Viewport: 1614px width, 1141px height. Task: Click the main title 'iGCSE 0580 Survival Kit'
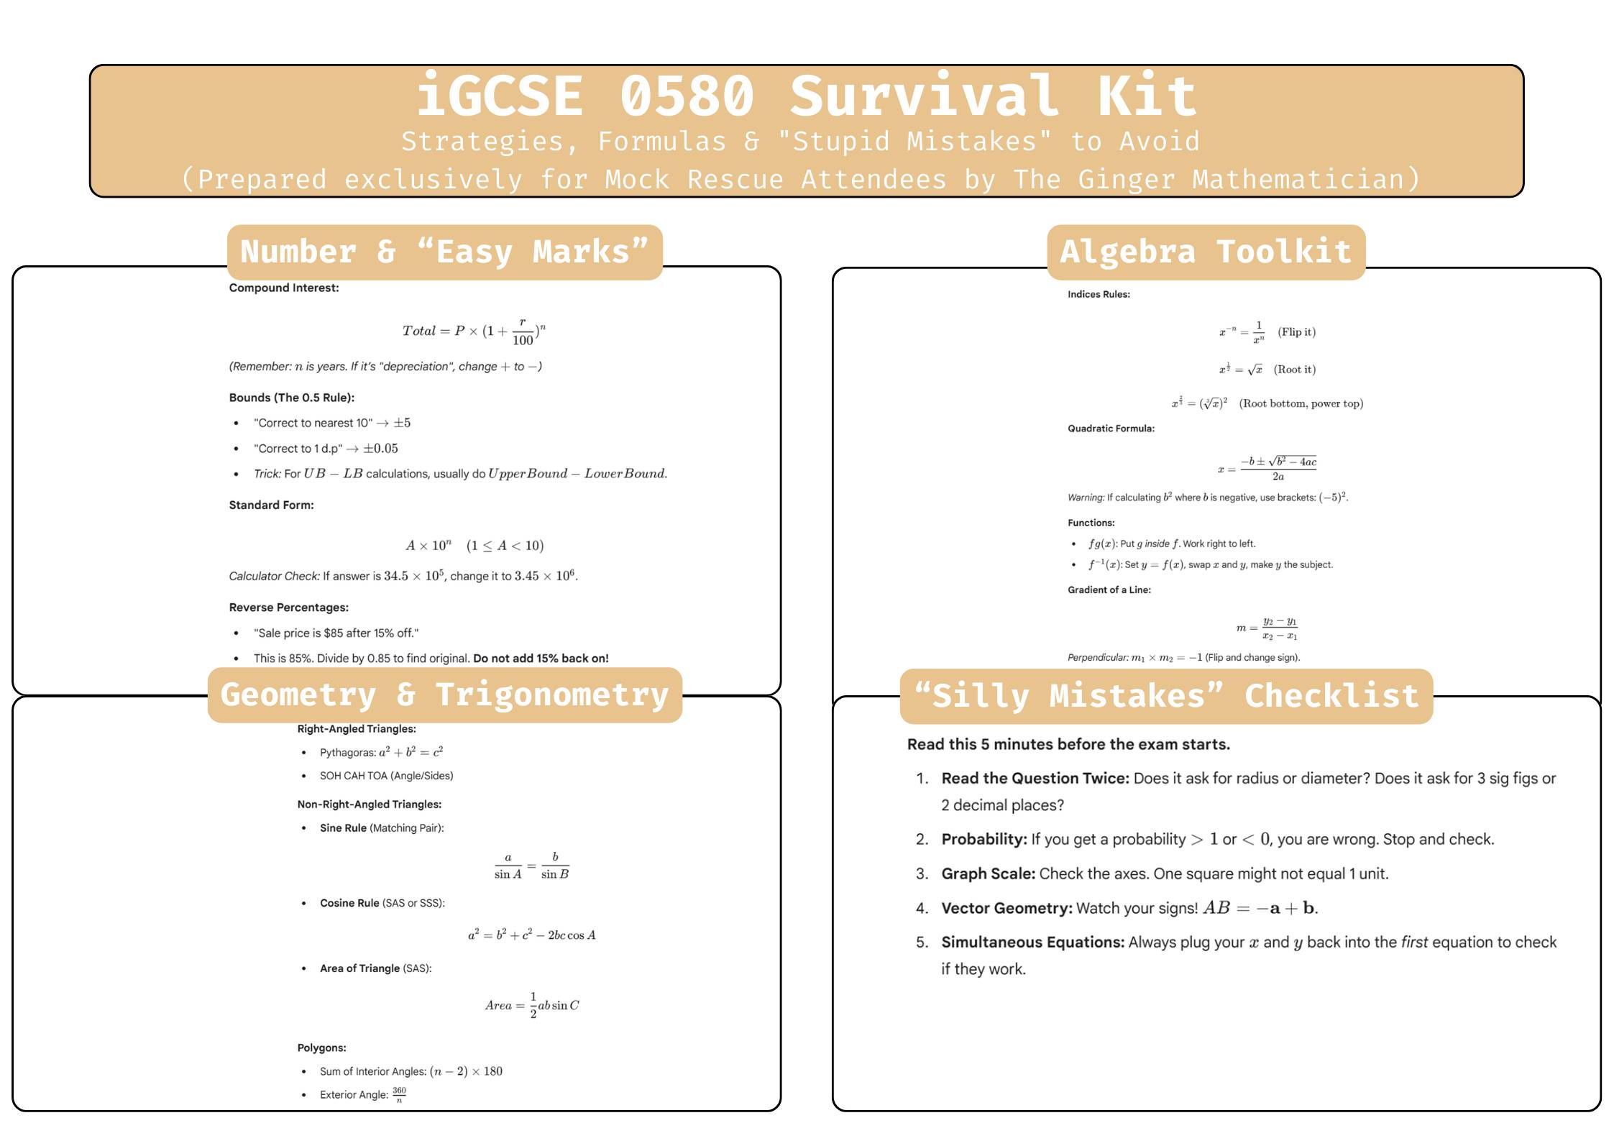pyautogui.click(x=807, y=96)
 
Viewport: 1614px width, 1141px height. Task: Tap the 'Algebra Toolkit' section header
pyautogui.click(x=1206, y=252)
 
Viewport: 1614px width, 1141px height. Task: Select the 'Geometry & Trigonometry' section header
pyautogui.click(x=444, y=695)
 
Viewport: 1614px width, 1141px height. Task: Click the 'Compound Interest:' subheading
pyautogui.click(x=284, y=288)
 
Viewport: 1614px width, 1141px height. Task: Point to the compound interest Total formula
pyautogui.click(x=474, y=331)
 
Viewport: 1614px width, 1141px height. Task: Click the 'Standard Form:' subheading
pyautogui.click(x=271, y=505)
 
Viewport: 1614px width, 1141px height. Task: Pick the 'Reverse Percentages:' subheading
pyautogui.click(x=288, y=608)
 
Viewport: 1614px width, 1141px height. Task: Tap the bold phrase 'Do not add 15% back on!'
pyautogui.click(x=541, y=659)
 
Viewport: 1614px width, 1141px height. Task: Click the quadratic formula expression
pyautogui.click(x=1267, y=469)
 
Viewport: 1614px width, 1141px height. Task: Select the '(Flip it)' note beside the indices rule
pyautogui.click(x=1296, y=332)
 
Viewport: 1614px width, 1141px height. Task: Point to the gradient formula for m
pyautogui.click(x=1267, y=628)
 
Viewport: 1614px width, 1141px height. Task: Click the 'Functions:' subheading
pyautogui.click(x=1091, y=523)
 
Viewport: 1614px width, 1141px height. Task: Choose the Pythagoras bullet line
pyautogui.click(x=381, y=753)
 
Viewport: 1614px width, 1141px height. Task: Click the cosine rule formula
pyautogui.click(x=531, y=935)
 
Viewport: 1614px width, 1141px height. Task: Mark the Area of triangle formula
pyautogui.click(x=531, y=1005)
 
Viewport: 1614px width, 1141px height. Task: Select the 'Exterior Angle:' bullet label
pyautogui.click(x=354, y=1095)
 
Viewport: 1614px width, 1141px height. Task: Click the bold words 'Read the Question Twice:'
pyautogui.click(x=1035, y=779)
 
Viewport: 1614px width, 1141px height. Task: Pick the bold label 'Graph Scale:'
pyautogui.click(x=988, y=874)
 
